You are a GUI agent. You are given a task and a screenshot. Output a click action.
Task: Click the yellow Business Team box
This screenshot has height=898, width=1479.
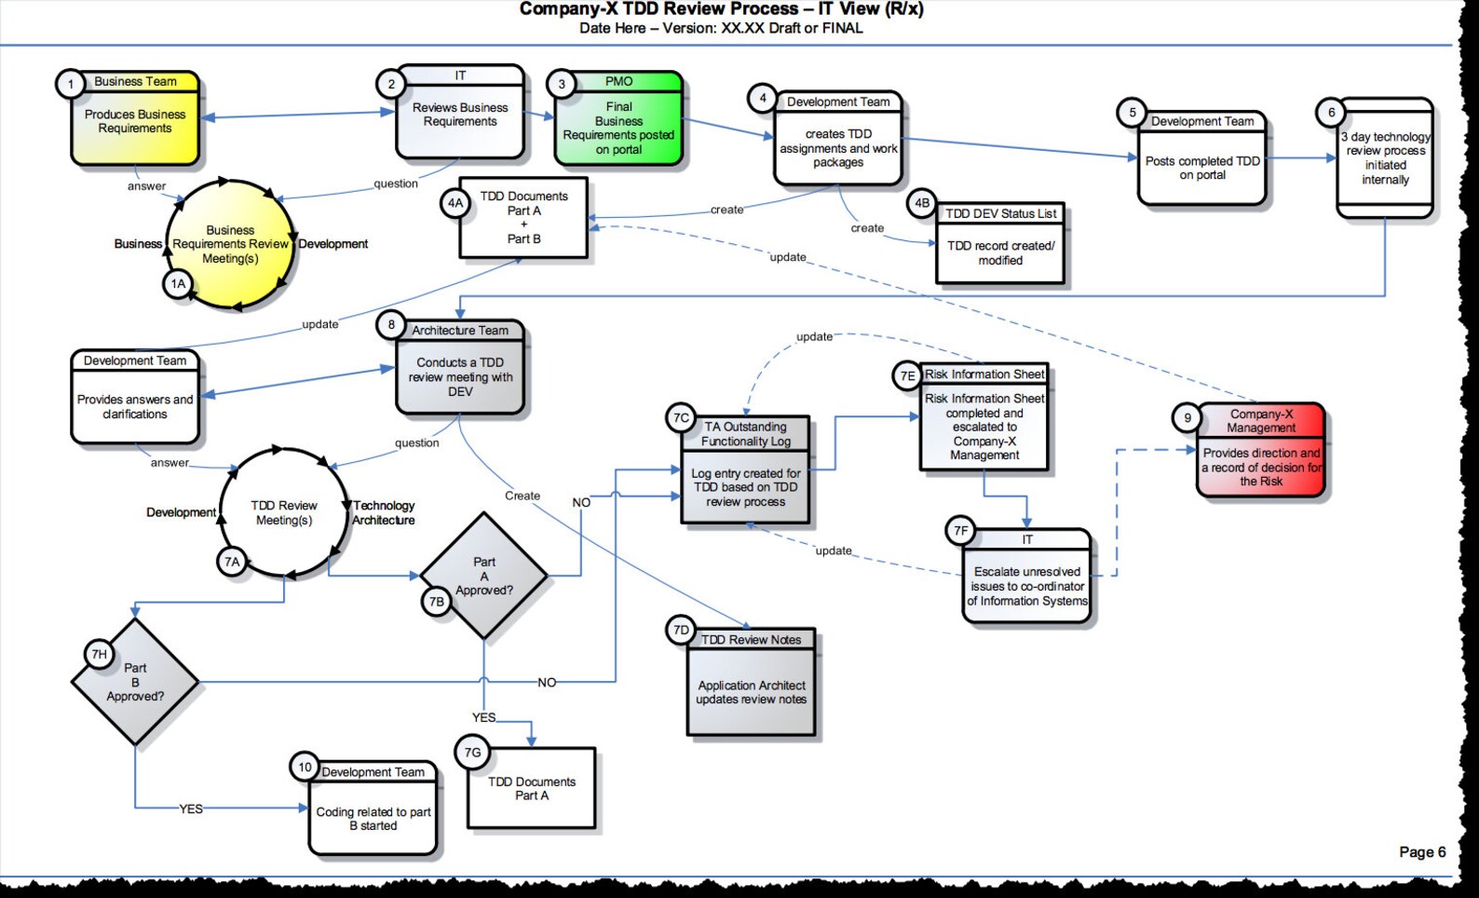coord(135,120)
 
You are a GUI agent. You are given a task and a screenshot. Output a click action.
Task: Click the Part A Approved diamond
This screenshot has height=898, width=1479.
coord(483,576)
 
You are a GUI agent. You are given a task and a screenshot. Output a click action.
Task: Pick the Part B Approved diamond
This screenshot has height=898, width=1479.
coord(135,682)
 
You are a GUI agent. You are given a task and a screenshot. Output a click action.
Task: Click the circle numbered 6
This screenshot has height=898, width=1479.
coord(1331,112)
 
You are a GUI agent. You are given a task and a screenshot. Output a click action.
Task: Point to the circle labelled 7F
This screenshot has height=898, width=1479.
coord(960,530)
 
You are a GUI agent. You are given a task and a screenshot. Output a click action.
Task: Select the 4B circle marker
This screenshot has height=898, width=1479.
coord(921,202)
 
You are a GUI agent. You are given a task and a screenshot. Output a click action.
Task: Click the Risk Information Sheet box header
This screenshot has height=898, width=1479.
coord(984,374)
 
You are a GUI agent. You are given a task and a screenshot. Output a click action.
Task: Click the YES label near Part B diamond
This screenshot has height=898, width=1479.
coord(191,809)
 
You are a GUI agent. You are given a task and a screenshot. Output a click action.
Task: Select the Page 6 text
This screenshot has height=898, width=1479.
coord(1421,851)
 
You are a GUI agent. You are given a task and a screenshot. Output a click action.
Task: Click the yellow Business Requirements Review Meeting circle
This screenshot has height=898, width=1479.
coord(230,244)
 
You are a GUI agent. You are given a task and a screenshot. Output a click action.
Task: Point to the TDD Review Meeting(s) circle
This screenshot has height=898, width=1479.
coord(284,512)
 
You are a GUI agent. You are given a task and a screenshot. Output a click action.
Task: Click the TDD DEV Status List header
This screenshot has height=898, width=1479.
coord(1000,213)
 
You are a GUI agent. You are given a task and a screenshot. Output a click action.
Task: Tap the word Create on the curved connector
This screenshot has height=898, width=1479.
coord(522,496)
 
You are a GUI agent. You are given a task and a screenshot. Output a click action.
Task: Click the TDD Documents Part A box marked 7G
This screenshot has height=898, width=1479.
coord(531,788)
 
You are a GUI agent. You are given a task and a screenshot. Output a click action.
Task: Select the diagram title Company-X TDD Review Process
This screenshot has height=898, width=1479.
coord(721,9)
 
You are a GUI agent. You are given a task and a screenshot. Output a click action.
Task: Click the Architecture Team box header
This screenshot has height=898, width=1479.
coord(460,330)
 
